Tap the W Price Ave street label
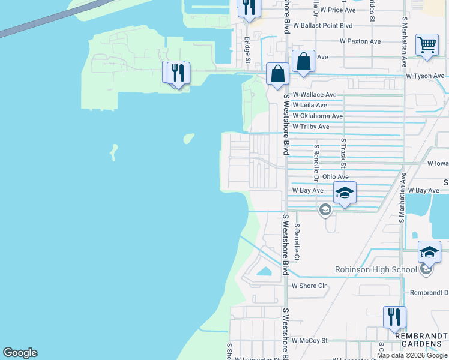pos(338,10)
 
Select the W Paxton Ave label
pos(360,41)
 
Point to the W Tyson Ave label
pos(425,76)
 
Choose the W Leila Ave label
pos(310,105)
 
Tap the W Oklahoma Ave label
pos(318,116)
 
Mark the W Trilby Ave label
pos(311,127)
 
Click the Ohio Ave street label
pos(335,177)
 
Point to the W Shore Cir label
pos(309,286)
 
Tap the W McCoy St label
pos(310,340)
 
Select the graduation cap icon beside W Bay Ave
pos(345,193)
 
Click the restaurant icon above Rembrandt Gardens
pos(394,316)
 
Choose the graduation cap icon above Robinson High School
pos(429,252)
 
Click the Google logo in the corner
pos(20,353)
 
